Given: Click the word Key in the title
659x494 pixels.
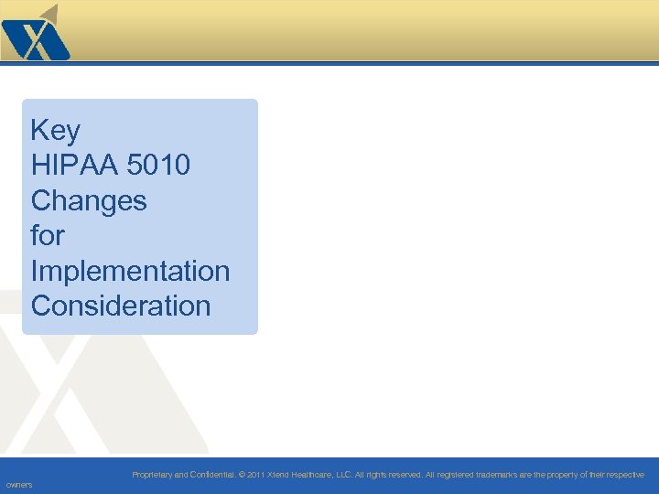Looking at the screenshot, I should (x=55, y=131).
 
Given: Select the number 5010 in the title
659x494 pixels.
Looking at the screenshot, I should (x=161, y=166).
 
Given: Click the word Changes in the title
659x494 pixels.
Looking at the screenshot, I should (x=89, y=200).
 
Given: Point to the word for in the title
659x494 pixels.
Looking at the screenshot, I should (x=48, y=235).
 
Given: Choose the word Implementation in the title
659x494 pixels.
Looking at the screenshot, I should (x=130, y=271).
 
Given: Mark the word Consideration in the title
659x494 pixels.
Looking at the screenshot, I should (x=121, y=306).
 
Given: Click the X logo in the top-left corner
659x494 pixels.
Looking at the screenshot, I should (x=35, y=33).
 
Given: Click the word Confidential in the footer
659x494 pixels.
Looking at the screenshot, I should (x=211, y=475).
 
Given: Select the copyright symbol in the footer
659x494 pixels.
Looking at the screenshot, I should (x=243, y=475).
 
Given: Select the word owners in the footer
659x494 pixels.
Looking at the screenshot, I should (x=18, y=485).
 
